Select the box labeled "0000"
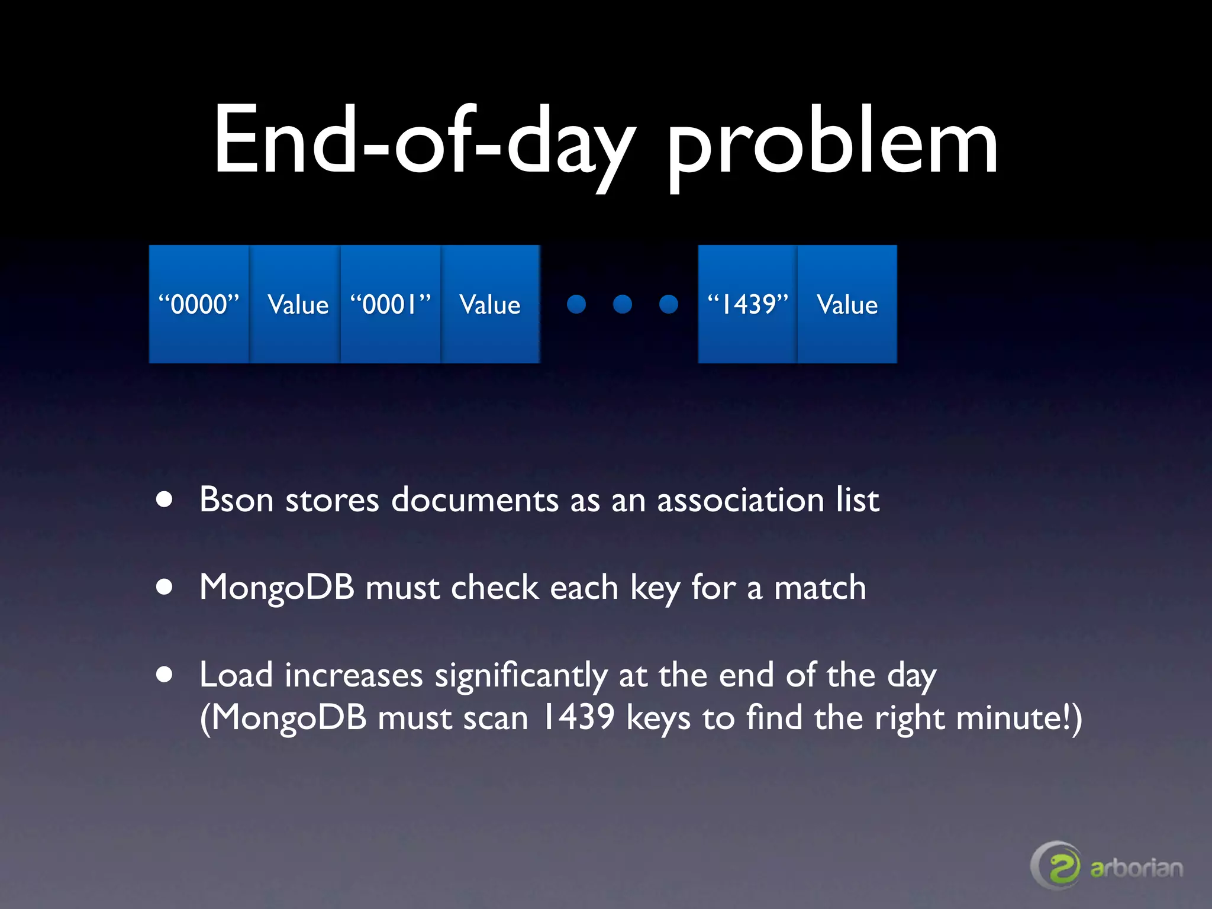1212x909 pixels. pyautogui.click(x=199, y=304)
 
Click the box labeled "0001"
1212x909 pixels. pyautogui.click(x=391, y=304)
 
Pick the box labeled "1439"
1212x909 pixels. pyautogui.click(x=748, y=304)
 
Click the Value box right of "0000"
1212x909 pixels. pyautogui.click(x=296, y=304)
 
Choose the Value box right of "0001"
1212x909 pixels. pyautogui.click(x=490, y=304)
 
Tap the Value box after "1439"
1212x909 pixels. pyautogui.click(x=847, y=304)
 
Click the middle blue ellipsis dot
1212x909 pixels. pyautogui.click(x=623, y=304)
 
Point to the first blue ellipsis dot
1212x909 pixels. pyautogui.click(x=576, y=304)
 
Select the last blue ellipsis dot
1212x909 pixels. pyautogui.click(x=669, y=304)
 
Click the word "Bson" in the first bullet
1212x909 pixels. pyautogui.click(x=236, y=500)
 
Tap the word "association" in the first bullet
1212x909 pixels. pyautogui.click(x=740, y=500)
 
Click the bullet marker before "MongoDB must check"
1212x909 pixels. pyautogui.click(x=165, y=587)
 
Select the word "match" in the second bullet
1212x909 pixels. pyautogui.click(x=820, y=588)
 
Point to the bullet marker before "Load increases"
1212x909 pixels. pyautogui.click(x=165, y=675)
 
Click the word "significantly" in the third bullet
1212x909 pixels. pyautogui.click(x=521, y=676)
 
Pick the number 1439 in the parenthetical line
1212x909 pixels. pyautogui.click(x=578, y=717)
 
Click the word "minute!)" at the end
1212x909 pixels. pyautogui.click(x=1019, y=718)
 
